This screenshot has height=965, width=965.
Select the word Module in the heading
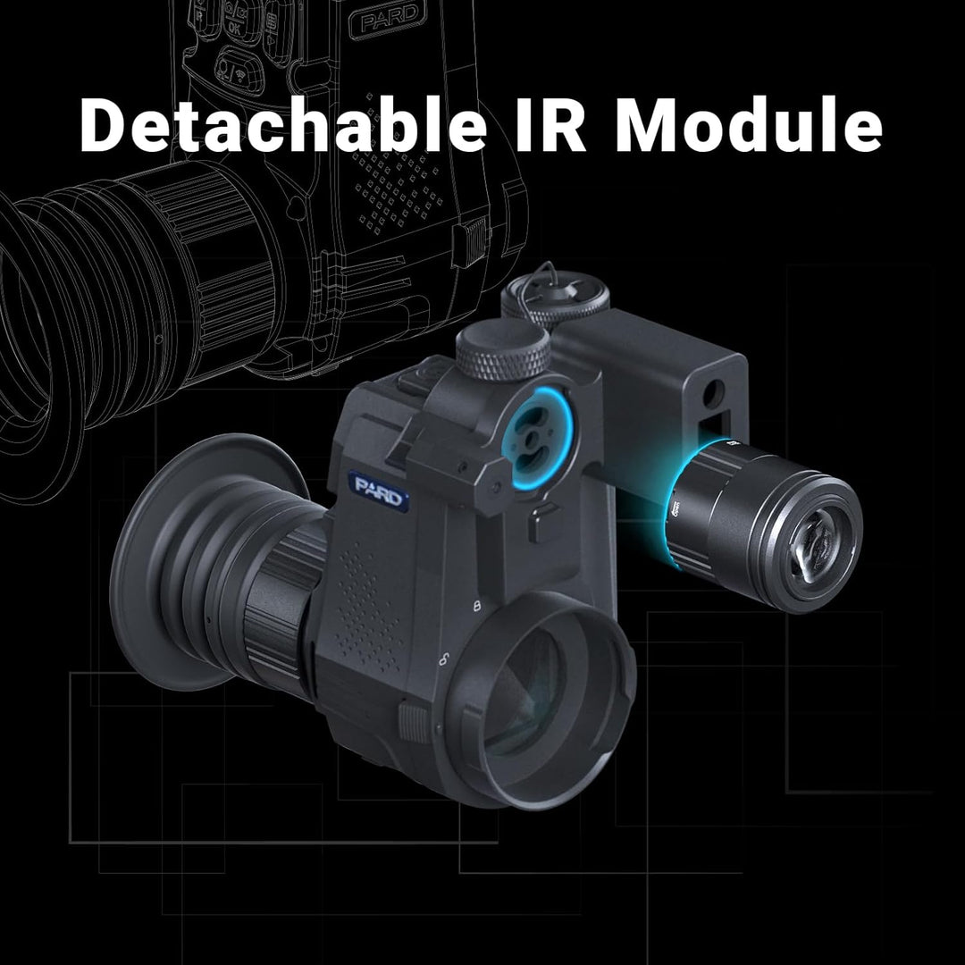click(x=749, y=128)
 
